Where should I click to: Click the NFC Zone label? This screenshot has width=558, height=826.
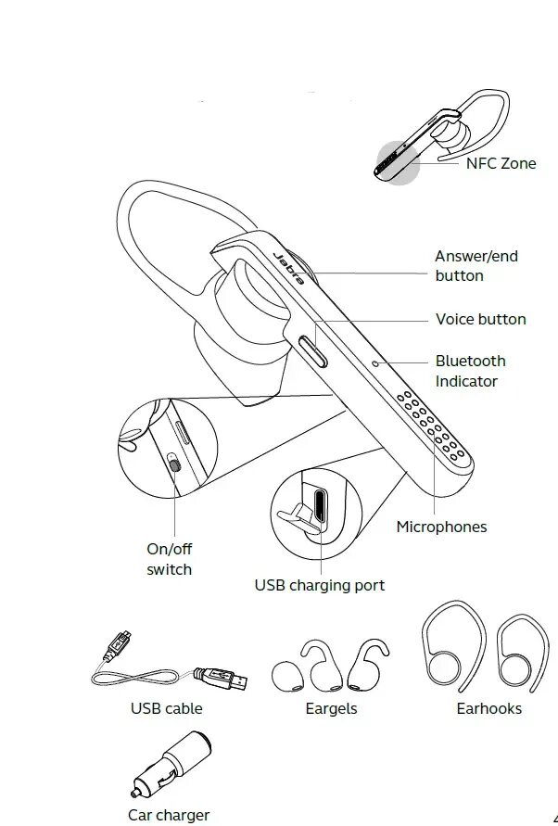click(501, 164)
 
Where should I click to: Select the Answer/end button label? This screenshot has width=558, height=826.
click(476, 266)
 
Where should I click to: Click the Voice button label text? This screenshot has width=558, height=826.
click(480, 320)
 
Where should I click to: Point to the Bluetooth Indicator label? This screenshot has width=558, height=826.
click(470, 371)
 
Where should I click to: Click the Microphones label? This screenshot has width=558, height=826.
click(441, 527)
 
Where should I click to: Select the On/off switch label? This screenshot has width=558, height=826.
click(169, 559)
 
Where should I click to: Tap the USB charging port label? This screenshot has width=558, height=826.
click(319, 585)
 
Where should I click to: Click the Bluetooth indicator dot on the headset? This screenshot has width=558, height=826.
click(374, 362)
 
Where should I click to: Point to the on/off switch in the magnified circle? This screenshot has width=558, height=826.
click(174, 464)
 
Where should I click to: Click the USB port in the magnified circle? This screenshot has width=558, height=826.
click(319, 506)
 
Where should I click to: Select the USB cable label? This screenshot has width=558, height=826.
click(166, 708)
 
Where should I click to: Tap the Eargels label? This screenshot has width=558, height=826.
click(331, 708)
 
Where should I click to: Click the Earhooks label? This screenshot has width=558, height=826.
click(488, 708)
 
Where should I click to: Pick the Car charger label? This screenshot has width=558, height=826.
click(169, 816)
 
